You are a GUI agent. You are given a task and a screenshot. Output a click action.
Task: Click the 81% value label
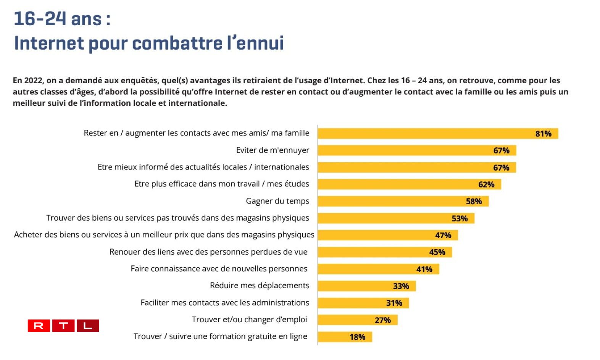[x=543, y=134]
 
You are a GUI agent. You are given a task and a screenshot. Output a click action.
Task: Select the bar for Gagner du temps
[x=403, y=201]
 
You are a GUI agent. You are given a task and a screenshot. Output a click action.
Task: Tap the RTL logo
[x=63, y=326]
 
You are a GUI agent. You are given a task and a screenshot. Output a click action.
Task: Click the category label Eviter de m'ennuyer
[x=273, y=150]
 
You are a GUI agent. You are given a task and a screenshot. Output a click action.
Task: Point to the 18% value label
[x=357, y=337]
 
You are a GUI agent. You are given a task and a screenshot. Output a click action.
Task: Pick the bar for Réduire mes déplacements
[x=366, y=286]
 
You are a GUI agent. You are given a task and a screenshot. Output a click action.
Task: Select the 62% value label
[x=486, y=184]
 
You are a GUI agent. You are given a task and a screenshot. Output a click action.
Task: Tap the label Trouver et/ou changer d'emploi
[x=249, y=320]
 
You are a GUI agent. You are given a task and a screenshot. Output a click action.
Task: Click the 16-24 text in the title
[x=39, y=19]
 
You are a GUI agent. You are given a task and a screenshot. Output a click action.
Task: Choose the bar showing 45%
[x=384, y=252]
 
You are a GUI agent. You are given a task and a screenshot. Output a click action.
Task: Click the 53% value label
[x=459, y=218]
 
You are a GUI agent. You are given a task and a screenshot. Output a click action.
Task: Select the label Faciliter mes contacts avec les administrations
[x=225, y=303]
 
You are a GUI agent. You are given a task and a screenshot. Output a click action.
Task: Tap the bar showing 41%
[x=378, y=269]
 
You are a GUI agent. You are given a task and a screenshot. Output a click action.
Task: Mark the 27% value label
[x=382, y=320]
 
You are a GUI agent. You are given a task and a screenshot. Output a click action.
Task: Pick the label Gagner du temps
[x=277, y=201]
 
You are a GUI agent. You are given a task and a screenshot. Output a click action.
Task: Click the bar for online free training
[x=345, y=337]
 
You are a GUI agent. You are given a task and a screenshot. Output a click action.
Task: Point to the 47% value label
[x=443, y=235]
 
